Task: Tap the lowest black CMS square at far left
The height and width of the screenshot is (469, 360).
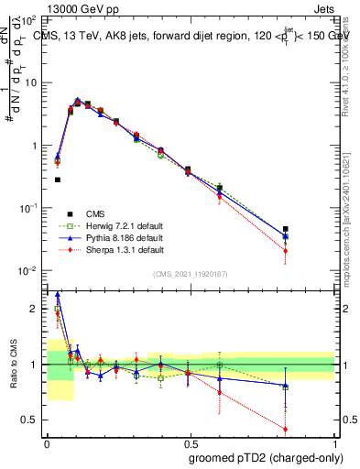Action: pyautogui.click(x=58, y=180)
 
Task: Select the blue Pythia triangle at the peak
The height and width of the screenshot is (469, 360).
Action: pyautogui.click(x=78, y=100)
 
